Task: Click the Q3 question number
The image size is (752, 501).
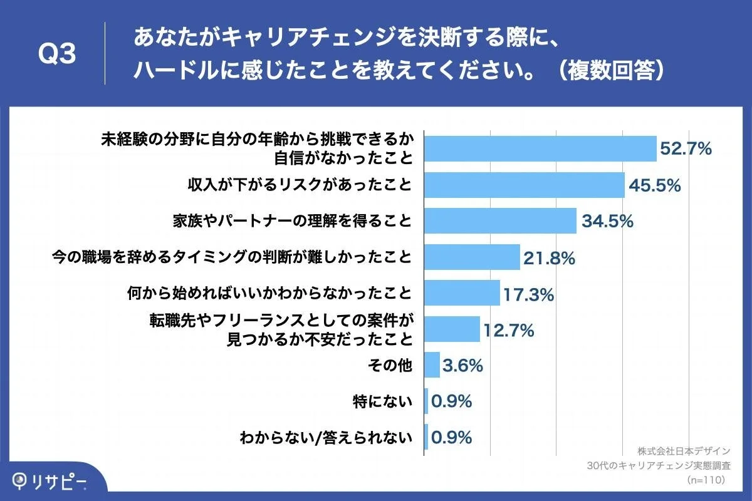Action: [x=57, y=54]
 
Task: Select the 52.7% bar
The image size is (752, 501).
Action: [x=540, y=148]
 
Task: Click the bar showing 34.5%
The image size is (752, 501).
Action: [x=500, y=221]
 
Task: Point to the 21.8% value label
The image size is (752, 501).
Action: [x=548, y=257]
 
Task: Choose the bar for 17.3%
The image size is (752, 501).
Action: [x=462, y=293]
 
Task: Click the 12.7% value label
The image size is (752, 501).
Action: [x=508, y=329]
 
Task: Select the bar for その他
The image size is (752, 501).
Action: [x=432, y=365]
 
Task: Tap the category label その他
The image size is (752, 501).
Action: [x=395, y=365]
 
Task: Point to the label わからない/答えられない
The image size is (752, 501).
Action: [x=326, y=437]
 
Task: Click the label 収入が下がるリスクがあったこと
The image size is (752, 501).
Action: [x=300, y=185]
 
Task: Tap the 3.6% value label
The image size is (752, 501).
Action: [x=462, y=365]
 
